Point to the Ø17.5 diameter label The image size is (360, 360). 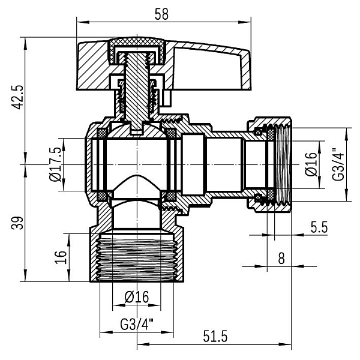coord(53,164)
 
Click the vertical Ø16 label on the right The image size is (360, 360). coord(310,164)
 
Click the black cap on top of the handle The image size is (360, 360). coord(136,44)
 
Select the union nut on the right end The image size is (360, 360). coord(273,164)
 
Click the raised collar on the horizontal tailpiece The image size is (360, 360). coord(193,164)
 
